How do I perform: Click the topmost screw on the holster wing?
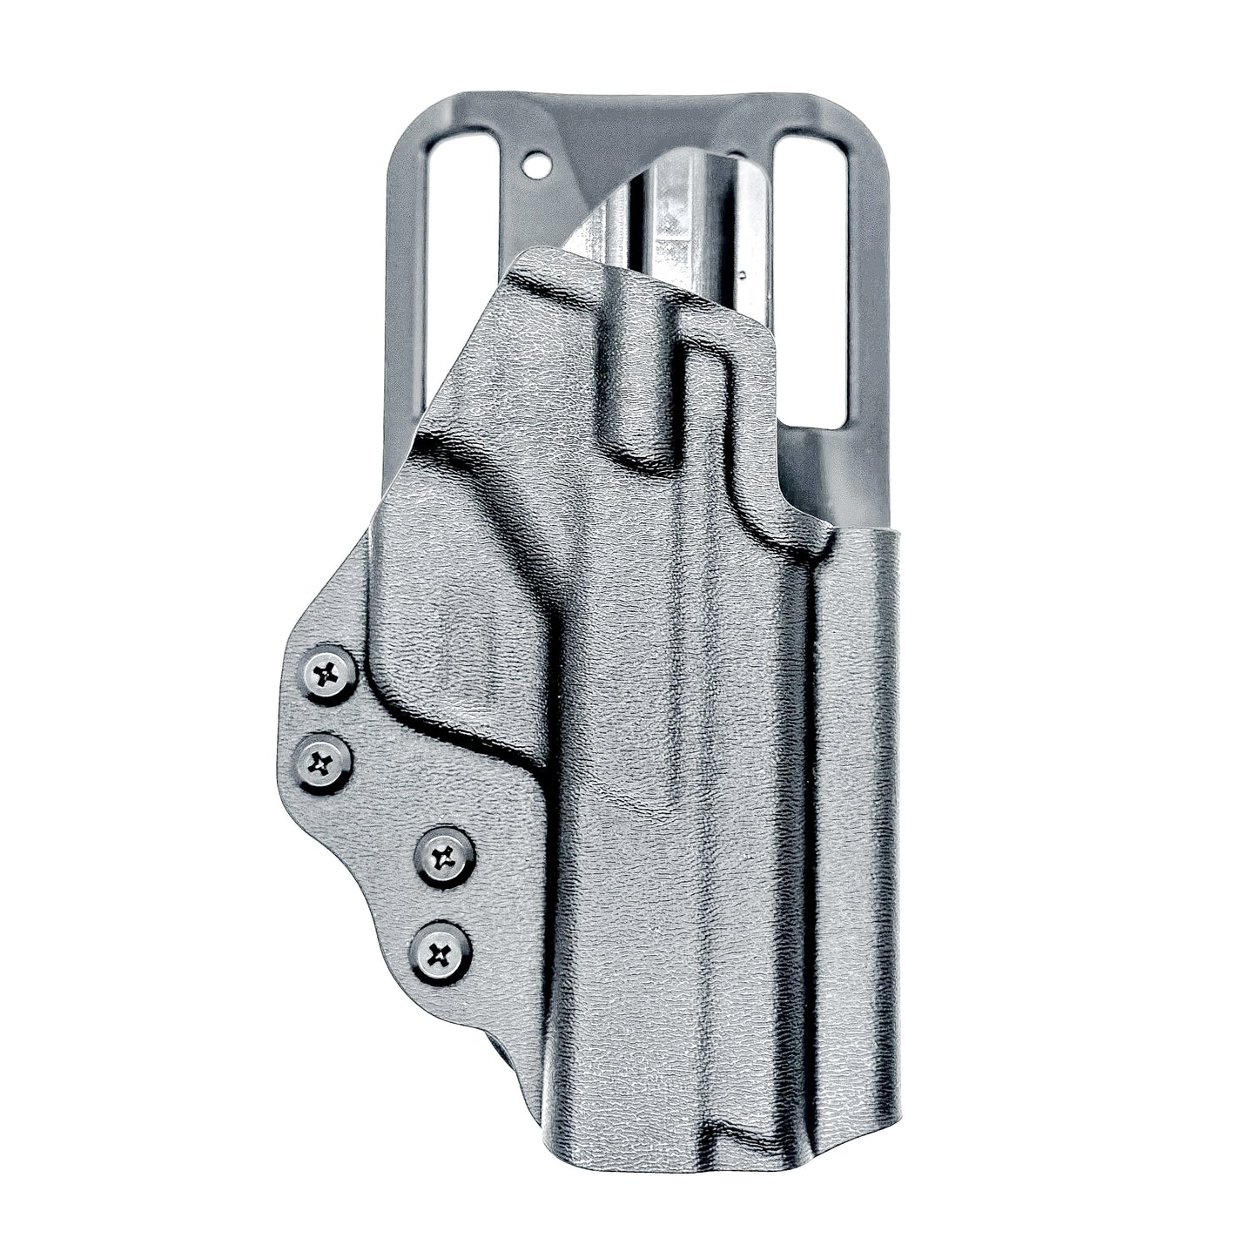point(329,673)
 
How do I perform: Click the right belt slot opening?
point(810,279)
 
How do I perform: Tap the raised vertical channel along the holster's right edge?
point(858,784)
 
